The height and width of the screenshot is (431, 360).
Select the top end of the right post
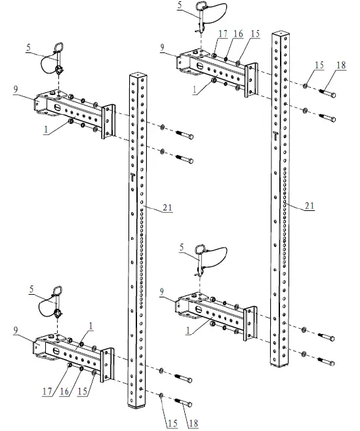[x=279, y=31]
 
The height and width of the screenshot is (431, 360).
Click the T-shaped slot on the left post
[x=132, y=176]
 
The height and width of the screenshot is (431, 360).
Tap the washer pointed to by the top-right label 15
[x=306, y=86]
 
